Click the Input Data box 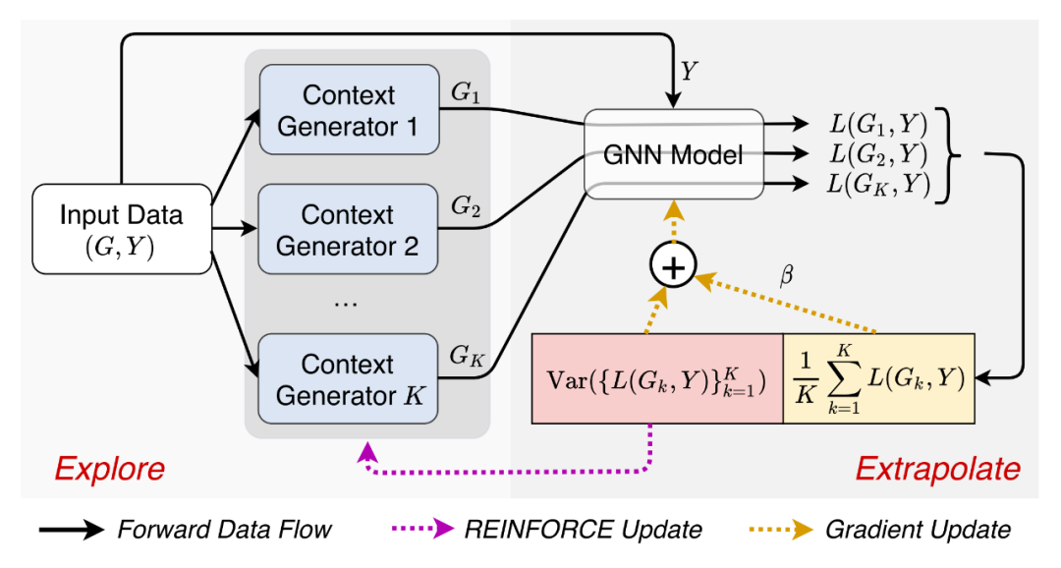pos(123,228)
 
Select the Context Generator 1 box pos(348,110)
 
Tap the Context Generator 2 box pos(348,229)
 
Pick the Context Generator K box pos(348,380)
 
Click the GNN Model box pos(673,154)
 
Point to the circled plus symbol pos(673,265)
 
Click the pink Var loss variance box pos(656,378)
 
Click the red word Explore pos(109,469)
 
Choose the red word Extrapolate pos(938,469)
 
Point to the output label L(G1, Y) pos(876,125)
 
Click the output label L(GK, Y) pos(876,184)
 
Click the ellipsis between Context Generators pos(347,302)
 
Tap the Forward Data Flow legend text pos(224,530)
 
